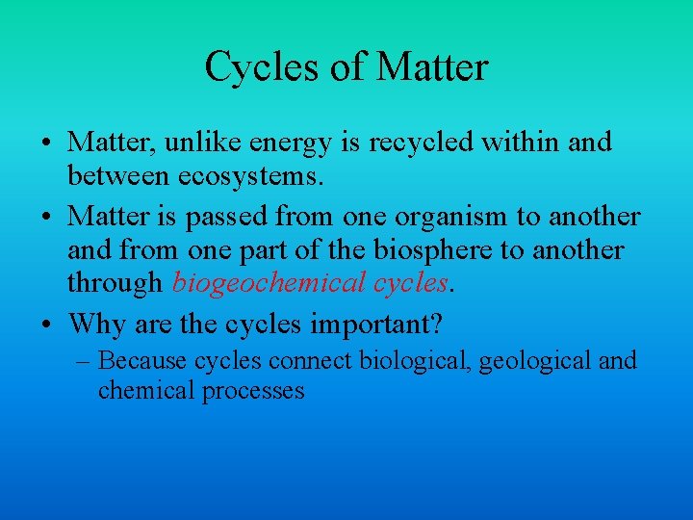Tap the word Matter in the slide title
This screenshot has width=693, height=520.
pos(433,67)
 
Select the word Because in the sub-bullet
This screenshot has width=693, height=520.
pos(142,361)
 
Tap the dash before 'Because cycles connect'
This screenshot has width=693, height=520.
pos(84,362)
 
